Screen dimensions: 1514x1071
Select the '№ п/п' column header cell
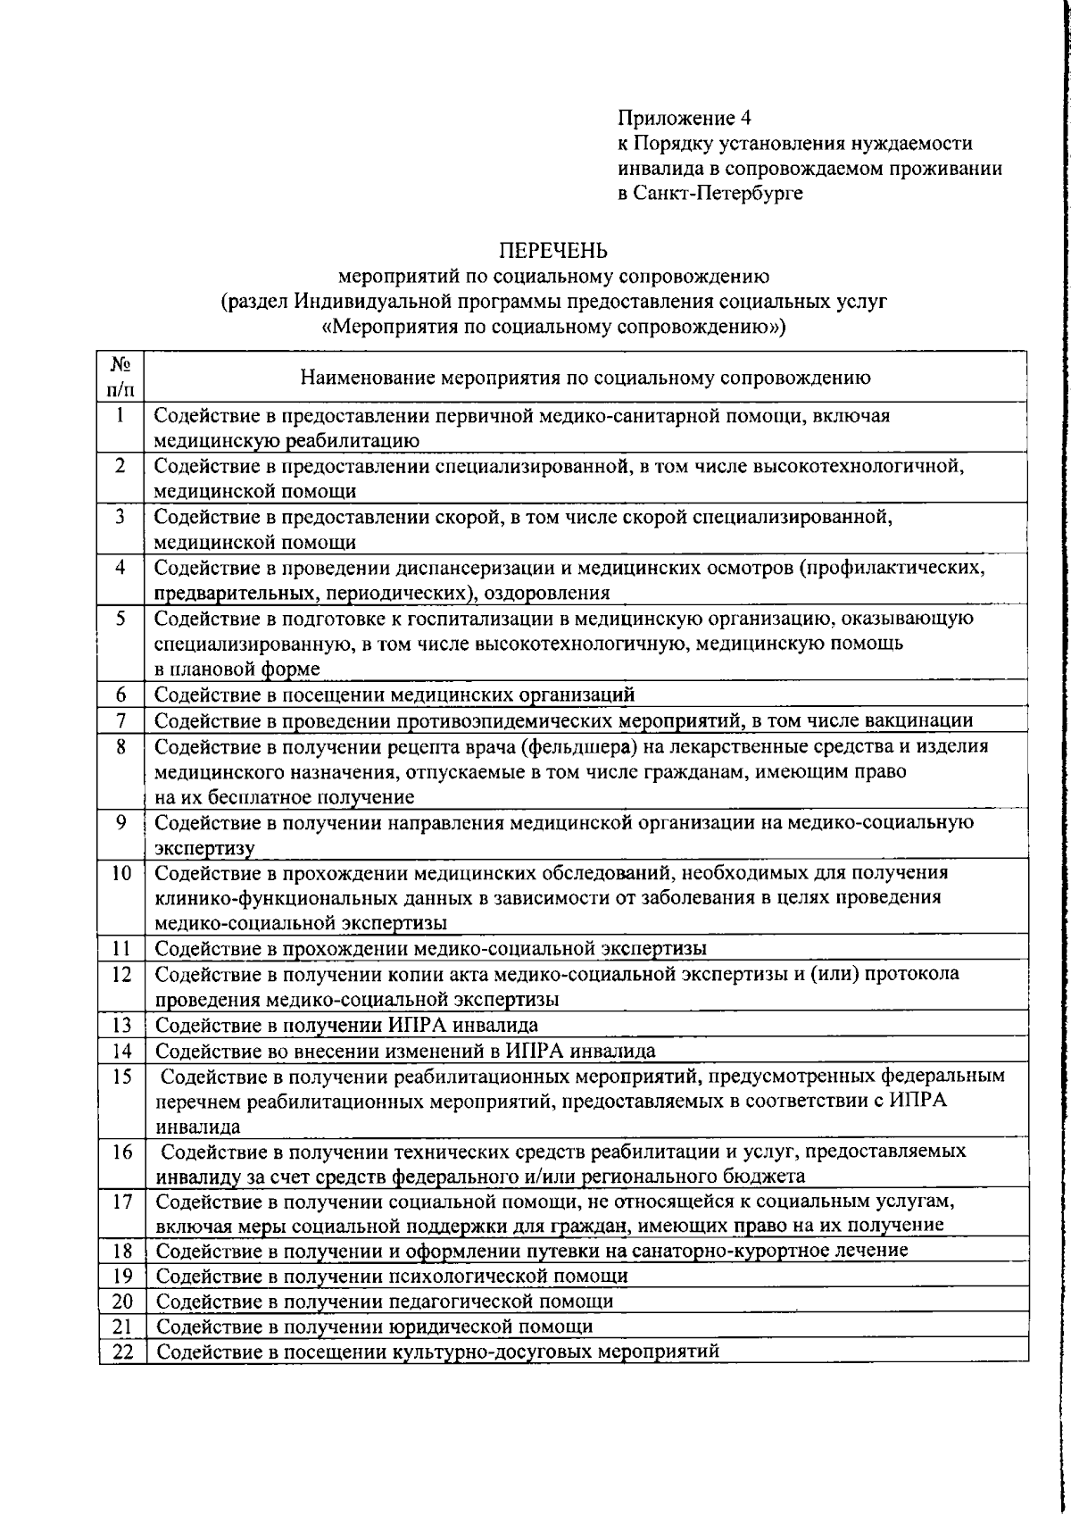121,377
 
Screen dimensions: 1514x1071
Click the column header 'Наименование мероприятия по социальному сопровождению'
585,378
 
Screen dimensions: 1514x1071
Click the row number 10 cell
121,872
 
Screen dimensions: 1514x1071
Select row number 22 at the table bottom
122,1352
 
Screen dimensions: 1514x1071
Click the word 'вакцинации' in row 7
926,720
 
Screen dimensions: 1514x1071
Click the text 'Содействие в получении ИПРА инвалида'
347,1025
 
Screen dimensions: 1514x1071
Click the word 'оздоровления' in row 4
555,594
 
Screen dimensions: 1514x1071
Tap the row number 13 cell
121,1025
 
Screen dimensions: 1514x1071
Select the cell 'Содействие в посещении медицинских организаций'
394,695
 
